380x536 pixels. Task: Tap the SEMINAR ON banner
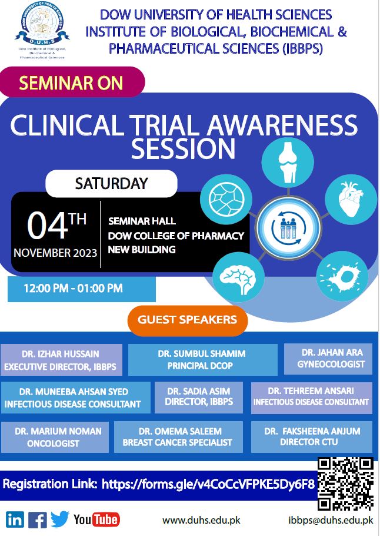[x=72, y=82]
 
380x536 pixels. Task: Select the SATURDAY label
[x=111, y=184]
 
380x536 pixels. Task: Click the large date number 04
[x=47, y=226]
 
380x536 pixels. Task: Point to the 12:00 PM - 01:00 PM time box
[x=82, y=289]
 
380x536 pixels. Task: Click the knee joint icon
[x=288, y=162]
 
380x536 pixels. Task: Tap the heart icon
[x=351, y=199]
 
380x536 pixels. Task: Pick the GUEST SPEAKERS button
[x=188, y=320]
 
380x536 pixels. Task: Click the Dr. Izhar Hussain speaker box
[x=61, y=360]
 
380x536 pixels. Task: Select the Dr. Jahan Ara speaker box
[x=328, y=359]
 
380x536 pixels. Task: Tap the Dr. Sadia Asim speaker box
[x=199, y=397]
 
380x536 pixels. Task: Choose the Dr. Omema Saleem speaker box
[x=178, y=437]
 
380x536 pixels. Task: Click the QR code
[x=345, y=484]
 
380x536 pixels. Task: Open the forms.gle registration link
[x=208, y=484]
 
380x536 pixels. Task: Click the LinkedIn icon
[x=15, y=520]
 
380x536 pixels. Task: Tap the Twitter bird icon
[x=60, y=520]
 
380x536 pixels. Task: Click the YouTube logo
[x=96, y=520]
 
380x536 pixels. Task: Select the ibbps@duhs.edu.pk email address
[x=331, y=520]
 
